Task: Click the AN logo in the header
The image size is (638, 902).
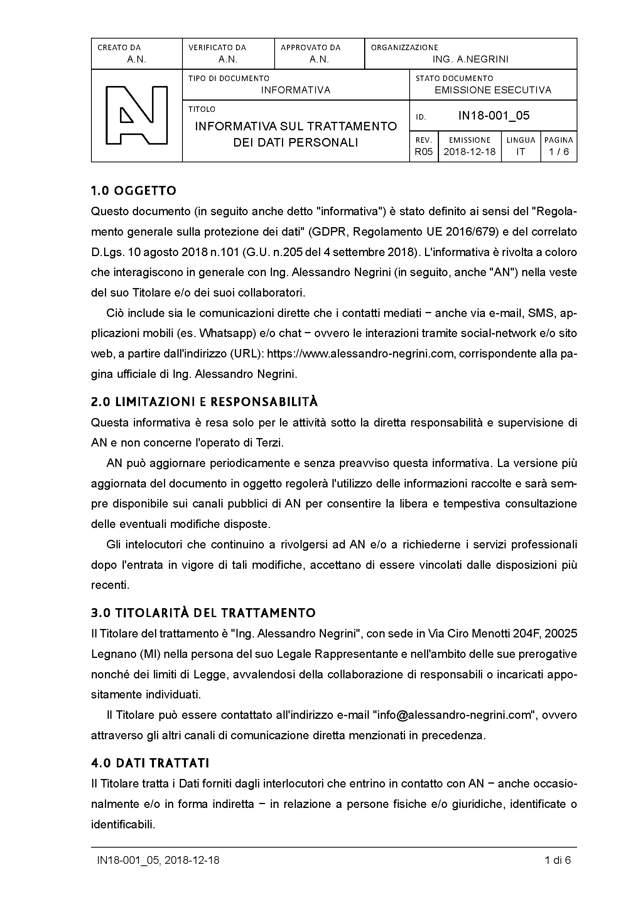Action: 136,115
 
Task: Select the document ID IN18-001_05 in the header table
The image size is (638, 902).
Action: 494,116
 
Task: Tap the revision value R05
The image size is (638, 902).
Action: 424,152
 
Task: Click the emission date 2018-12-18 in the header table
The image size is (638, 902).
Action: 469,152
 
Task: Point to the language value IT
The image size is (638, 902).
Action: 520,152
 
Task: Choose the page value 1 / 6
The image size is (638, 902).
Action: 559,152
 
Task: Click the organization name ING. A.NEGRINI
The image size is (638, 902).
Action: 470,59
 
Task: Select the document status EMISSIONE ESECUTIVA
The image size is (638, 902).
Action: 493,90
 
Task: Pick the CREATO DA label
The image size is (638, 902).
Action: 119,47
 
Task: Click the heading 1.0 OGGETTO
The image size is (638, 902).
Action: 133,191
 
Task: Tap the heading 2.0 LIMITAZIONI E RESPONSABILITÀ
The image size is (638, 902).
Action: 204,402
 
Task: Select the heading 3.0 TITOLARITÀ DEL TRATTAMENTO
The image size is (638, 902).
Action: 203,613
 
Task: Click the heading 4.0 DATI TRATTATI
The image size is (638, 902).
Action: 150,763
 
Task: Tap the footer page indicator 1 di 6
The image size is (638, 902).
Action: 558,860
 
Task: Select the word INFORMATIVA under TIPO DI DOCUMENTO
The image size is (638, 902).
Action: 295,90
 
